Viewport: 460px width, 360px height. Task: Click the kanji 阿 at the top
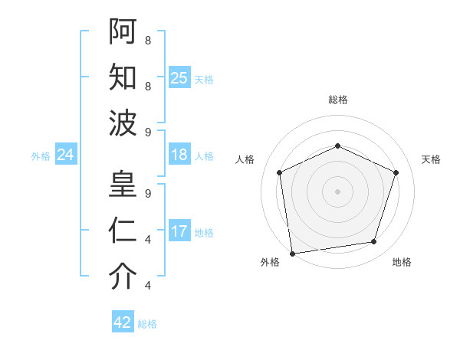pos(123,31)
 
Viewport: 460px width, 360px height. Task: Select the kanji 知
pos(123,77)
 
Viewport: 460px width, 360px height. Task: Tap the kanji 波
pos(123,123)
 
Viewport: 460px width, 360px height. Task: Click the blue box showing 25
pos(179,77)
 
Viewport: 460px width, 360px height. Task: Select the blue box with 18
pos(179,155)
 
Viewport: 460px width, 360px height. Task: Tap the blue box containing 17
pos(179,232)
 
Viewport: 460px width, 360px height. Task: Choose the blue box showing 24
pos(65,155)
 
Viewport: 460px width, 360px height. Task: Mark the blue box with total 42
pos(123,322)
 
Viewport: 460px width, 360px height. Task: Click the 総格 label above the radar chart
pos(337,100)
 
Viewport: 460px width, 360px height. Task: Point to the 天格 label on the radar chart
pos(431,159)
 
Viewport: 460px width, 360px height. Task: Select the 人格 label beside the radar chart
pos(245,159)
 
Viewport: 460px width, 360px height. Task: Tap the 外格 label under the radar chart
pos(270,262)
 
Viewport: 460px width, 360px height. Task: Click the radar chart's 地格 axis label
pos(402,262)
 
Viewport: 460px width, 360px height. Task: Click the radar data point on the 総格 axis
pos(337,146)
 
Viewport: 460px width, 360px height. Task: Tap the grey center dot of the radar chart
pos(337,191)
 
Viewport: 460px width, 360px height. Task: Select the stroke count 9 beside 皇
pos(147,194)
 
